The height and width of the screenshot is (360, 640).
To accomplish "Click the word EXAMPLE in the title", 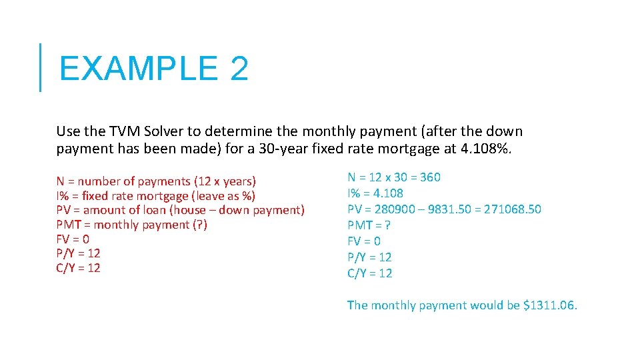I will [137, 69].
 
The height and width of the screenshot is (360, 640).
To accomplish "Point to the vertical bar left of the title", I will [40, 67].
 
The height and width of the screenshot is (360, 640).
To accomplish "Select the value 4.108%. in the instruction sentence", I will [486, 149].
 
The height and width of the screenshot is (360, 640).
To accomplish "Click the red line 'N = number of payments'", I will [156, 181].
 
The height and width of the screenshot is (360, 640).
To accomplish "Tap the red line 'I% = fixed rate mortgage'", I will [156, 196].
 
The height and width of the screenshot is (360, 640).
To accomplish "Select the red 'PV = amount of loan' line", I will [180, 210].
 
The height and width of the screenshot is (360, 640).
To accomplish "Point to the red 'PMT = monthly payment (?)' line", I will [131, 225].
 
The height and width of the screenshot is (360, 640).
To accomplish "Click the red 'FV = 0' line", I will [73, 239].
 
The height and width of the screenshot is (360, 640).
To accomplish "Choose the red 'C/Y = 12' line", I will [78, 268].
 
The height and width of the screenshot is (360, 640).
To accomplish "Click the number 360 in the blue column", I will [429, 177].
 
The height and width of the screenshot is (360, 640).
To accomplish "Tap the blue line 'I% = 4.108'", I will [375, 193].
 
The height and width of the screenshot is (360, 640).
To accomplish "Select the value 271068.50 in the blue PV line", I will [513, 209].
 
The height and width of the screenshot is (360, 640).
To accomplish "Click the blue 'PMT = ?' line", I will [369, 225].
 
